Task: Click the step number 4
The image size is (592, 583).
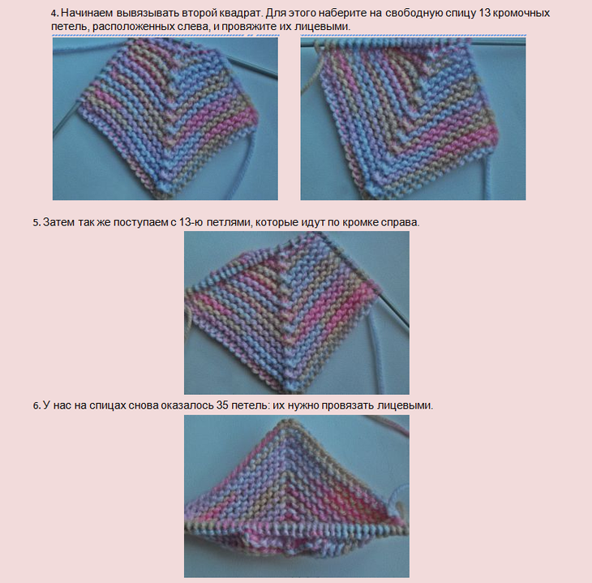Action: coord(55,14)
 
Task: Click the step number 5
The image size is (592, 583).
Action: coord(36,223)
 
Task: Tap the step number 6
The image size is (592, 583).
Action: coord(36,406)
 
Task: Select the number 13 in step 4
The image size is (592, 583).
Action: coord(484,14)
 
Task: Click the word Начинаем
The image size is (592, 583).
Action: coord(87,14)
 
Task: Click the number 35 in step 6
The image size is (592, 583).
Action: coord(222,405)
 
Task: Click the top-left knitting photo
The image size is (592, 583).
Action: coord(165,118)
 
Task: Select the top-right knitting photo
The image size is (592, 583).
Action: coord(413,118)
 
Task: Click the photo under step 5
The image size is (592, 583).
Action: coord(297,313)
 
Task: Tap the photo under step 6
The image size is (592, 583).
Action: coord(297,496)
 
